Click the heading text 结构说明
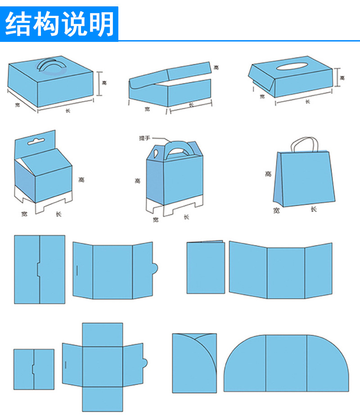[x=59, y=24]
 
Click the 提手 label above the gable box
[x=145, y=138]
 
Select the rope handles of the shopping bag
[x=305, y=144]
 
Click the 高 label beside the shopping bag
[x=269, y=174]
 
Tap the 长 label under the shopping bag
[x=313, y=209]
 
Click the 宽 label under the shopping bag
[x=276, y=210]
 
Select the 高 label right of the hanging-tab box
[x=81, y=180]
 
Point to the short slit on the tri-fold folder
[x=77, y=270]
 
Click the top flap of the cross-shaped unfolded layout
[x=102, y=333]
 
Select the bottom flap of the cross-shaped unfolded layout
[x=102, y=399]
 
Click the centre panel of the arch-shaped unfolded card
[x=286, y=363]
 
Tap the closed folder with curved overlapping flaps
[x=194, y=363]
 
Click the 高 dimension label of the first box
[x=104, y=83]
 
